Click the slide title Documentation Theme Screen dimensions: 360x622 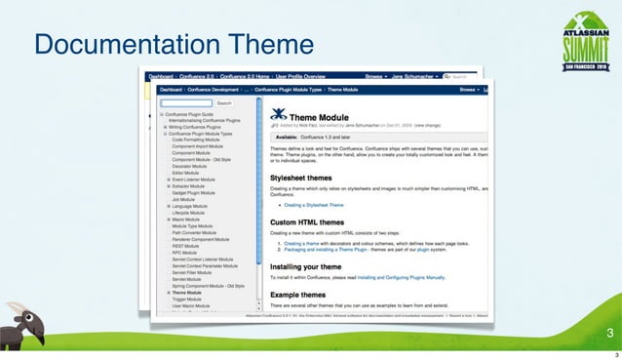(174, 45)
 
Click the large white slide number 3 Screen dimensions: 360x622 (608, 335)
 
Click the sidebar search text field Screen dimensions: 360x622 (186, 101)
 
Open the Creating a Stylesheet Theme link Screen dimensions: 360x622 (314, 206)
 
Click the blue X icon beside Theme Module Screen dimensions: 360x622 (278, 113)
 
